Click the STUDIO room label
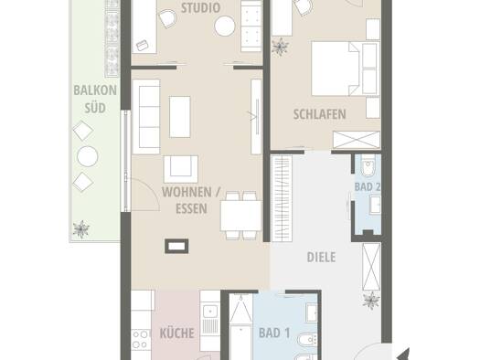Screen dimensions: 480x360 click(200, 8)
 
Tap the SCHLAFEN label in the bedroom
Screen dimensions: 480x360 click(320, 114)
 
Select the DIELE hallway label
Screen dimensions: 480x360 click(321, 258)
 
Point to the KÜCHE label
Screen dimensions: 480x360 click(177, 333)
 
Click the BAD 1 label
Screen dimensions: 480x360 click(274, 333)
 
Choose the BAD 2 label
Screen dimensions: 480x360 click(368, 186)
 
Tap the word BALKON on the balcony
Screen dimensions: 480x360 click(95, 90)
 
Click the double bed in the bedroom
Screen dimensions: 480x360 click(336, 69)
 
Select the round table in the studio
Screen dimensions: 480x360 click(225, 26)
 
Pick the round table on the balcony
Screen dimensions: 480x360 click(87, 156)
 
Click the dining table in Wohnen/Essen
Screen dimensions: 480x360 click(241, 216)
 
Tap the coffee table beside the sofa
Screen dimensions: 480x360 click(180, 117)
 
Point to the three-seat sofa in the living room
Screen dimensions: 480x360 click(146, 117)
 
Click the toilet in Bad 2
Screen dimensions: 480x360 click(368, 165)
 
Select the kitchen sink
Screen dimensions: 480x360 click(209, 312)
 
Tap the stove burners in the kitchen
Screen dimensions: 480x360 click(141, 340)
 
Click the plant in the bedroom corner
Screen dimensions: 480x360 click(280, 47)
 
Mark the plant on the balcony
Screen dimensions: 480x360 click(81, 229)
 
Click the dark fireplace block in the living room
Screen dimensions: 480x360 click(176, 246)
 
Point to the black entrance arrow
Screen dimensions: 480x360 click(403, 355)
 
